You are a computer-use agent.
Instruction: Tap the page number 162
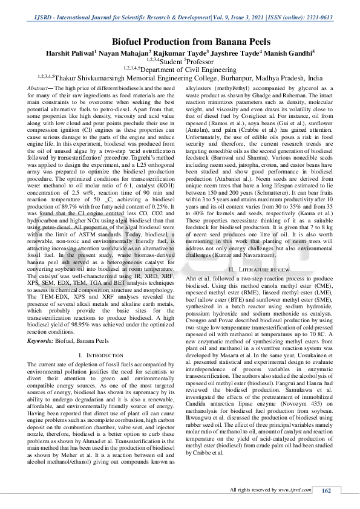click(x=326, y=491)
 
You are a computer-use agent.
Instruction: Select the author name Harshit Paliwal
click(x=71, y=53)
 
